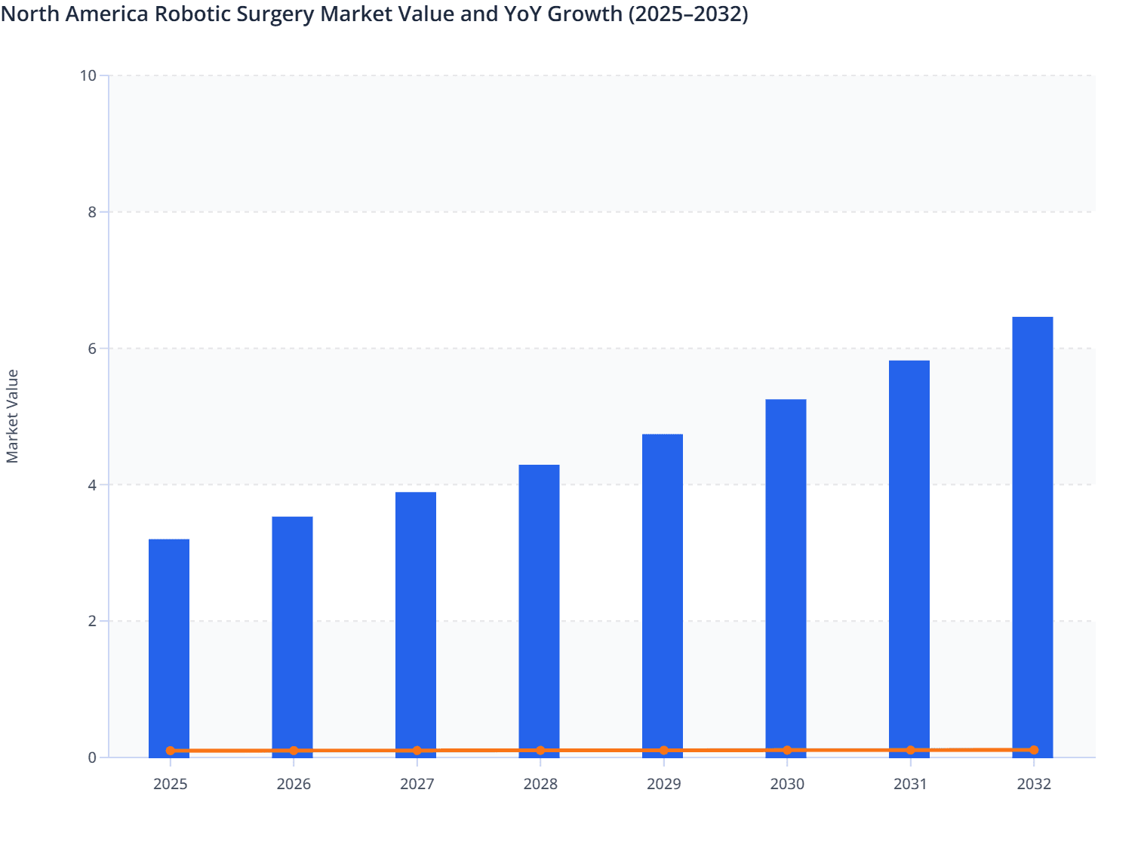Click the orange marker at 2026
pos(294,751)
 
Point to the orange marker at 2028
pos(540,751)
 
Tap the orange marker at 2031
pos(910,750)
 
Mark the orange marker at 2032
pos(1034,750)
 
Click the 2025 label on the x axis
pos(171,785)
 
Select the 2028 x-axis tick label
pos(540,785)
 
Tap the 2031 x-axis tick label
pos(910,785)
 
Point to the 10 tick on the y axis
pos(88,75)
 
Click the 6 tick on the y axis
pos(92,349)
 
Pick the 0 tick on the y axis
pos(92,757)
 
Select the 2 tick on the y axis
pos(92,621)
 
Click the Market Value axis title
pos(13,416)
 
